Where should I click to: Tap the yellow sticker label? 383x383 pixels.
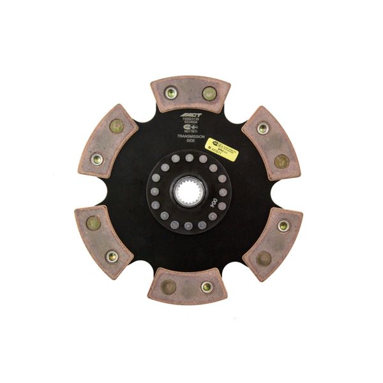coord(221,149)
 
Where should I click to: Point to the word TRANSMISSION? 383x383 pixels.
coord(189,137)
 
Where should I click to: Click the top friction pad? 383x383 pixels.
coord(189,94)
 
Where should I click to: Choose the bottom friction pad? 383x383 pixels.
coord(188,286)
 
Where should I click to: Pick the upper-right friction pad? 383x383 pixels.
coord(271,143)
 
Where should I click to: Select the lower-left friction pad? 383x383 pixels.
coord(103,239)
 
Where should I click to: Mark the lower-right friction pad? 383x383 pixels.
coord(273,242)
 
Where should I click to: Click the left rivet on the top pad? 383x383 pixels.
coord(170,93)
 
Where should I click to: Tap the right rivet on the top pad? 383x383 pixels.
coord(208,94)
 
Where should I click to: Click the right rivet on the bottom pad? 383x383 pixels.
coord(207,287)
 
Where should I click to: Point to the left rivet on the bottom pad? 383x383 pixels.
coord(169,286)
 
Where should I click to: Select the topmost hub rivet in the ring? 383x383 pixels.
coord(190,158)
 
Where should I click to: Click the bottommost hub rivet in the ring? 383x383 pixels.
coord(188,225)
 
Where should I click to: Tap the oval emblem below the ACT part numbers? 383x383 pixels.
coord(189,127)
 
